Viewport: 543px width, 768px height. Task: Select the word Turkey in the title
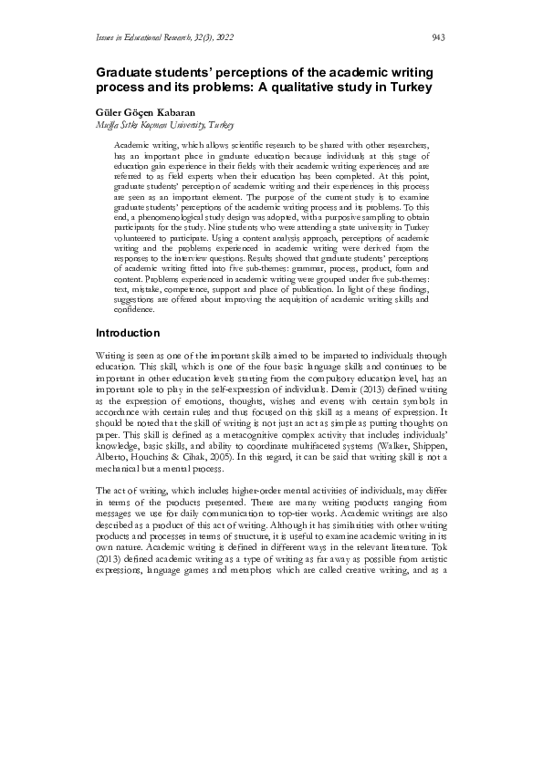[x=404, y=88]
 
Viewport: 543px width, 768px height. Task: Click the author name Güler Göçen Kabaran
[x=144, y=110]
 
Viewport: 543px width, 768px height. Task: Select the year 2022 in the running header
[x=223, y=37]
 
